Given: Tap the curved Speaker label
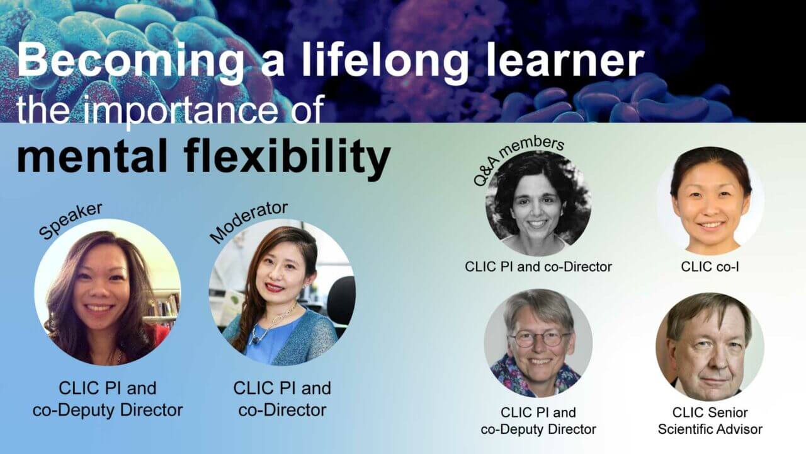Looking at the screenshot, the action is pyautogui.click(x=70, y=221).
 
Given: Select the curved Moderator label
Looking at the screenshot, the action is pyautogui.click(x=248, y=221).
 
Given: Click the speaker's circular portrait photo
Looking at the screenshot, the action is pyautogui.click(x=108, y=292).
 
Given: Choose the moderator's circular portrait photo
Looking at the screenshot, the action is pyautogui.click(x=282, y=292).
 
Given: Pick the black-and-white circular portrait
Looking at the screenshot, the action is pyautogui.click(x=538, y=204).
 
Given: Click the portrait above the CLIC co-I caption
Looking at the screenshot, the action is pyautogui.click(x=710, y=201).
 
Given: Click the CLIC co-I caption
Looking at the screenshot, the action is pyautogui.click(x=710, y=267).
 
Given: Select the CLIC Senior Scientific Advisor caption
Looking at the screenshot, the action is pyautogui.click(x=710, y=421).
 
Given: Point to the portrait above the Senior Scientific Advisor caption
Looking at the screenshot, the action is pyautogui.click(x=710, y=346).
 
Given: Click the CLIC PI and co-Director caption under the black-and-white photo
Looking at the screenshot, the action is pyautogui.click(x=538, y=267).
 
